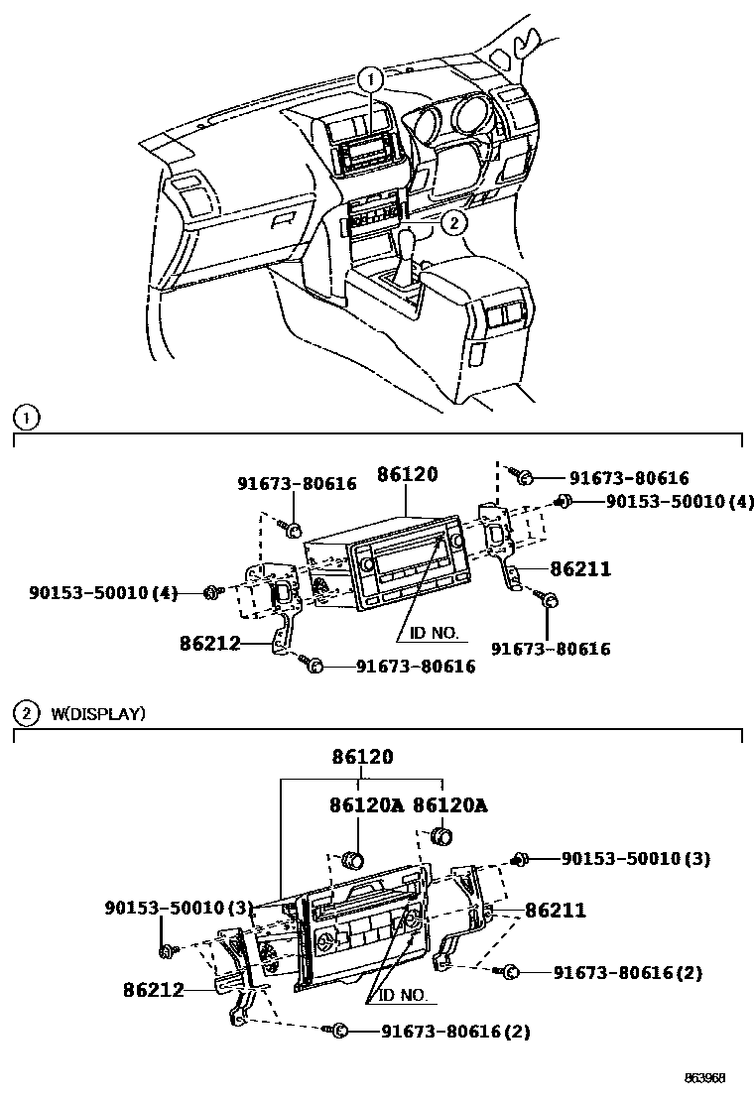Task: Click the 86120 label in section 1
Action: pyautogui.click(x=408, y=475)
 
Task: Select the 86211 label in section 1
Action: pyautogui.click(x=580, y=569)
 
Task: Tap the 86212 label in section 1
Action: pyautogui.click(x=210, y=643)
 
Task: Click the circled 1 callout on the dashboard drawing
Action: pyautogui.click(x=370, y=79)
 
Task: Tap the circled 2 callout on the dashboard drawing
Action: pyautogui.click(x=452, y=223)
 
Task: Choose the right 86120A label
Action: pyautogui.click(x=450, y=805)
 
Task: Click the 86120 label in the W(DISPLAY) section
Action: pyautogui.click(x=363, y=757)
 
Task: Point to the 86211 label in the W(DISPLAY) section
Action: pyautogui.click(x=556, y=910)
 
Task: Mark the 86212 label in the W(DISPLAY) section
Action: pyautogui.click(x=154, y=989)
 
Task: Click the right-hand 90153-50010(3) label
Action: pyautogui.click(x=636, y=858)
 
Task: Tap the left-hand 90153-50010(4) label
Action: pyautogui.click(x=103, y=593)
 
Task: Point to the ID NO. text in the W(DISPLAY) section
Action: pyautogui.click(x=404, y=995)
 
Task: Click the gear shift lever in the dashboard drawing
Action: pyautogui.click(x=407, y=252)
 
